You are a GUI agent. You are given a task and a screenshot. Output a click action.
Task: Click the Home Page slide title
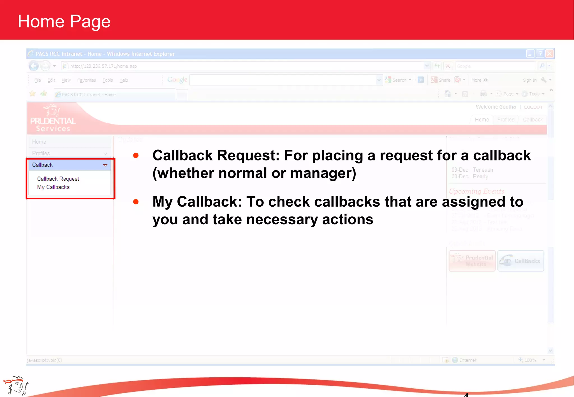[x=64, y=22]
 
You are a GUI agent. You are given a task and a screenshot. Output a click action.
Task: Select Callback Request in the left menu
[x=58, y=179]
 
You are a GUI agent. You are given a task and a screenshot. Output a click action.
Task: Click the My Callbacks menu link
[x=53, y=187]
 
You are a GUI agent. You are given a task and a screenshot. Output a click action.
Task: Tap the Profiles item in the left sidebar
[x=41, y=153]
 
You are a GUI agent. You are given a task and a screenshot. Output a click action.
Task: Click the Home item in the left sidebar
[x=39, y=142]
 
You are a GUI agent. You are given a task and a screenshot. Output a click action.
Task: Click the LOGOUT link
[x=533, y=107]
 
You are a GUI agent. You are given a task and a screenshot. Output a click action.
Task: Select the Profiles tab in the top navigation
[x=506, y=120]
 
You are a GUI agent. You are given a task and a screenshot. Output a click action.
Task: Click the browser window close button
[x=549, y=53]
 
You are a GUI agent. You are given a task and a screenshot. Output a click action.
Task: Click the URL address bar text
[x=103, y=66]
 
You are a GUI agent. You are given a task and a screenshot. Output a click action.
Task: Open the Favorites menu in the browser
[x=86, y=80]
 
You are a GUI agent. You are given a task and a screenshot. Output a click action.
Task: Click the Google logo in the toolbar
[x=177, y=80]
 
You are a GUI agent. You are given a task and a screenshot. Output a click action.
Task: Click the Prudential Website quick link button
[x=472, y=261]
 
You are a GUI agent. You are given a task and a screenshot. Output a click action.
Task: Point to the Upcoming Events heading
[x=476, y=192]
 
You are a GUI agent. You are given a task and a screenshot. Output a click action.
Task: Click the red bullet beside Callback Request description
[x=136, y=156]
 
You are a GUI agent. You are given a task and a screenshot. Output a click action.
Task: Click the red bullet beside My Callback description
[x=136, y=202]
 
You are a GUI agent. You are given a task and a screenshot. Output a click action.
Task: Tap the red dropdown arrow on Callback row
[x=105, y=165]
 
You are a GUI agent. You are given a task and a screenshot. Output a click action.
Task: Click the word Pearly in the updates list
[x=480, y=177]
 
